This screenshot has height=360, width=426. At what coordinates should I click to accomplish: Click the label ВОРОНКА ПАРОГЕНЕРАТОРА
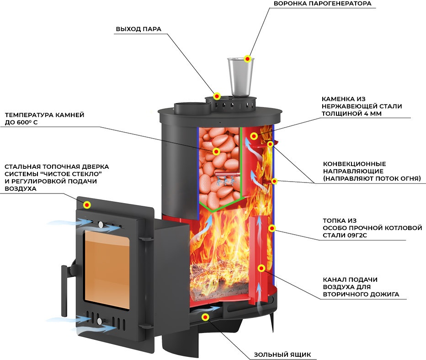tap(322, 4)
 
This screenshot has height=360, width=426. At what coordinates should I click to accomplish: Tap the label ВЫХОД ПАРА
tap(138, 29)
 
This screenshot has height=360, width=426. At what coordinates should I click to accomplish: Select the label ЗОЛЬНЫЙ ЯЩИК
tap(282, 355)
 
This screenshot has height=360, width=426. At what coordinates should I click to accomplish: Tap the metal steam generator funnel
tap(240, 77)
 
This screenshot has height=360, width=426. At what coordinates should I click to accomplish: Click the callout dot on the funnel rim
tap(247, 59)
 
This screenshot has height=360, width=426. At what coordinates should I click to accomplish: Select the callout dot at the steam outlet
tap(217, 96)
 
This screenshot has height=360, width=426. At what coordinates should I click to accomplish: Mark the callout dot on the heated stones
tap(216, 151)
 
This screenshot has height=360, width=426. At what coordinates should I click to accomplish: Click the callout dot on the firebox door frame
tap(87, 205)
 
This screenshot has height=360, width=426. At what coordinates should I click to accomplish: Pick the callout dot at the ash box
tap(205, 317)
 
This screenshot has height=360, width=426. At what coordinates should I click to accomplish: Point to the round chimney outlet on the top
tap(192, 108)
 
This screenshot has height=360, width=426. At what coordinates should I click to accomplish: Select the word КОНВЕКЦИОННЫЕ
tap(354, 164)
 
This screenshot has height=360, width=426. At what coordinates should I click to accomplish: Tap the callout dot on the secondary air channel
tap(261, 269)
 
